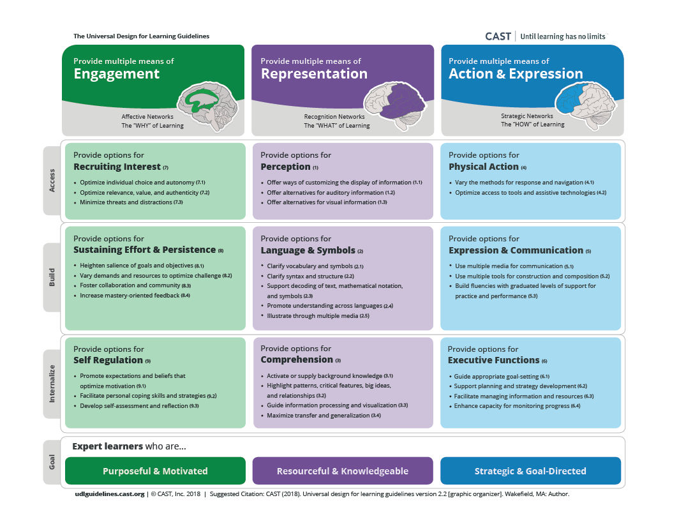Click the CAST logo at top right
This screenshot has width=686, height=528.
tap(498, 36)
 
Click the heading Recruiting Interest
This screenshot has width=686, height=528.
tap(117, 167)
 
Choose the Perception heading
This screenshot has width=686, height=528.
tap(285, 167)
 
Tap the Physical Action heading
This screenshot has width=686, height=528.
tap(484, 167)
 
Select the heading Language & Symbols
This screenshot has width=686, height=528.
tap(308, 250)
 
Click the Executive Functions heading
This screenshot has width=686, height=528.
tap(493, 360)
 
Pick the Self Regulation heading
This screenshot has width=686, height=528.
tap(108, 360)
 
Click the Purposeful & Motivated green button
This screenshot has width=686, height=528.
tap(155, 471)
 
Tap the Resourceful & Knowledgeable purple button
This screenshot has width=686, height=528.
tap(343, 471)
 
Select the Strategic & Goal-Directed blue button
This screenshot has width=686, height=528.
tap(530, 471)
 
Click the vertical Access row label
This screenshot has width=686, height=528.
tap(52, 181)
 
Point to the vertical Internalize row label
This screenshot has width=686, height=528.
tap(52, 384)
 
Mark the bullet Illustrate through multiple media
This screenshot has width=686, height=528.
tap(318, 315)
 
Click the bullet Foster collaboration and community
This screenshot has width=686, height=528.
tap(135, 285)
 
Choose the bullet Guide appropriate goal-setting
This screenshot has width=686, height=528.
tap(502, 377)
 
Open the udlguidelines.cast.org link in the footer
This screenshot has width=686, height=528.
tap(109, 494)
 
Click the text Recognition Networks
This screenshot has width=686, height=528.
tap(334, 117)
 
